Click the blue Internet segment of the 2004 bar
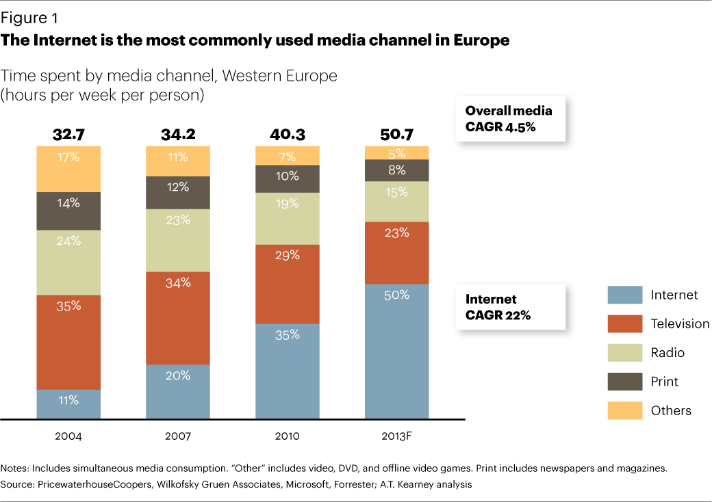tap(68, 404)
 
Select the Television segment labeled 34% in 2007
tap(178, 317)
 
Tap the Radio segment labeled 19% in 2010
tap(288, 218)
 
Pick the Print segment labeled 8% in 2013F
tap(397, 170)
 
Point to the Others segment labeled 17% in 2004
tap(68, 168)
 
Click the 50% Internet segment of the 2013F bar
tap(397, 351)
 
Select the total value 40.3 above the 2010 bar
tap(288, 134)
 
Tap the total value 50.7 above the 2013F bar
tap(397, 134)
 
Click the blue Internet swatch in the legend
tap(625, 295)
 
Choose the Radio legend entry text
tap(667, 353)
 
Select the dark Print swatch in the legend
tap(625, 382)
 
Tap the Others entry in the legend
tap(671, 410)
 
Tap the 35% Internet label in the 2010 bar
tap(288, 334)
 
